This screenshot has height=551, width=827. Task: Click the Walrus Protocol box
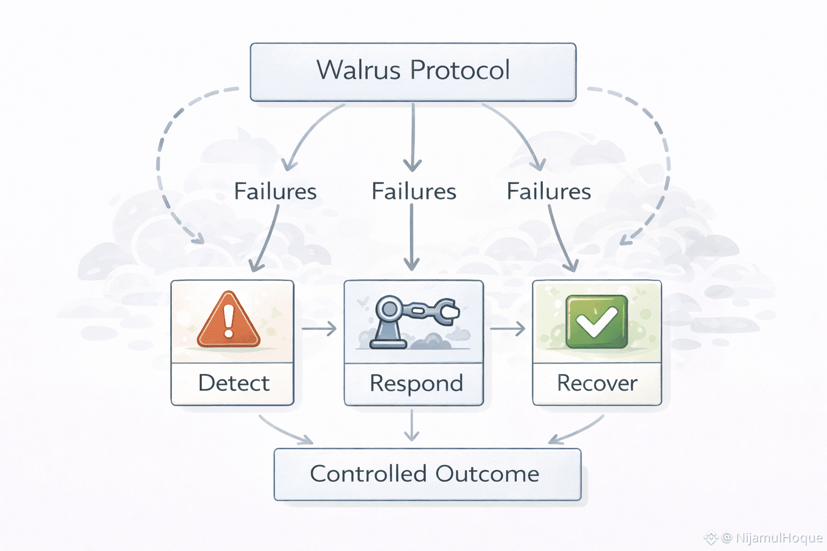point(413,72)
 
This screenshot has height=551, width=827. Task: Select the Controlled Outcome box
point(427,475)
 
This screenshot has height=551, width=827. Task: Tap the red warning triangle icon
point(228,320)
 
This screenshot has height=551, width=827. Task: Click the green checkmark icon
point(597,322)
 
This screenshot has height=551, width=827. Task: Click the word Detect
point(234,383)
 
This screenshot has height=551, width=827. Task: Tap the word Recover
point(597,383)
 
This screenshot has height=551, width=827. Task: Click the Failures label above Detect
point(276,191)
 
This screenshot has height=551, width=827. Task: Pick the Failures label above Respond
point(414,191)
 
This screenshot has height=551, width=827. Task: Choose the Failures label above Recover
point(549,191)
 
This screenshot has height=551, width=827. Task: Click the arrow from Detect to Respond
point(319,328)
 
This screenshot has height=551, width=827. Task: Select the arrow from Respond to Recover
point(508,328)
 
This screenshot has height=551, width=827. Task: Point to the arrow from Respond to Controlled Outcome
point(412,425)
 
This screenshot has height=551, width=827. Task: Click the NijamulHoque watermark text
point(779,538)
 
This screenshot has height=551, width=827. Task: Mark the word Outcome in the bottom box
point(487,474)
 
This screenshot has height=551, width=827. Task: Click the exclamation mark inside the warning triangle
point(228,320)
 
